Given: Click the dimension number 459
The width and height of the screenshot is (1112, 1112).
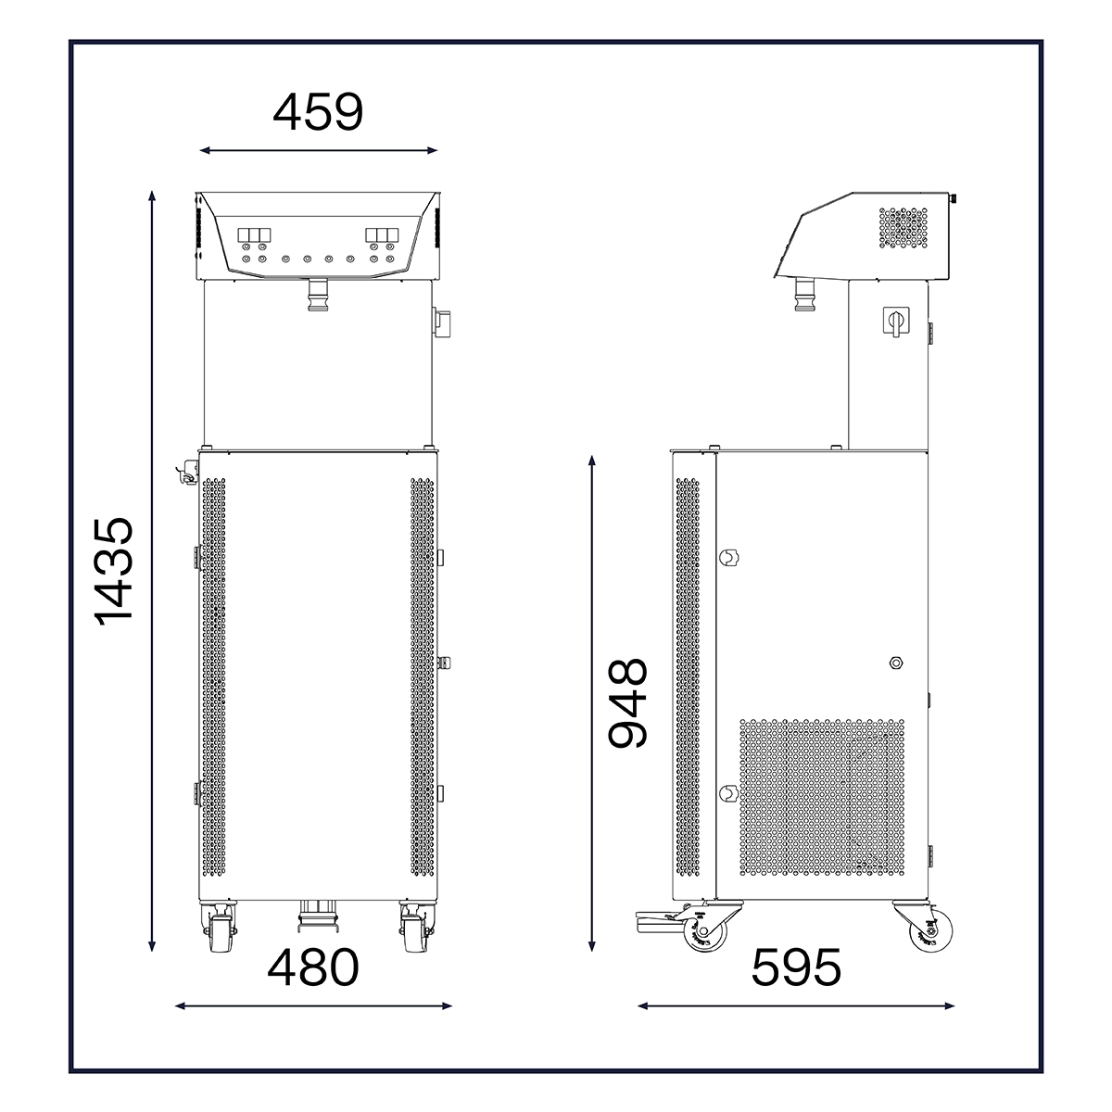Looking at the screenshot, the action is click(x=318, y=111).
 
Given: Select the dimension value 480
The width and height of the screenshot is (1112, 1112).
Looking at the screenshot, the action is click(x=313, y=967).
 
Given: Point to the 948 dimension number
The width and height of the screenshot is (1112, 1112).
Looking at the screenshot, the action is click(x=627, y=702).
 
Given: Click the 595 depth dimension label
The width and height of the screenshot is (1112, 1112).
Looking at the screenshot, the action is click(x=796, y=967).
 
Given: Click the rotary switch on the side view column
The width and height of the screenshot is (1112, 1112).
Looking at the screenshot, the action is click(x=896, y=322).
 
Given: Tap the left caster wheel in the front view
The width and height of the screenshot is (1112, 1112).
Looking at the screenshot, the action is click(x=218, y=927).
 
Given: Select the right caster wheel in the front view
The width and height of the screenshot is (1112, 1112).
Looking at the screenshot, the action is click(x=416, y=927).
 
